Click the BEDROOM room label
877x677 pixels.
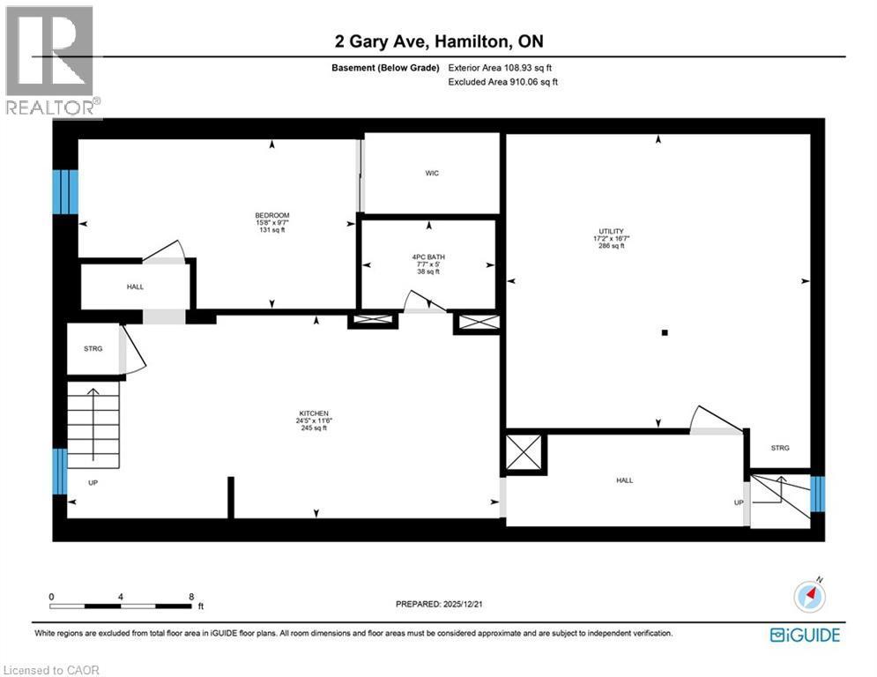click(272, 216)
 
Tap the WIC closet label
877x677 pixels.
click(431, 173)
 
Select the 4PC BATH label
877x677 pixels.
click(427, 257)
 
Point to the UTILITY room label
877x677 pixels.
click(610, 231)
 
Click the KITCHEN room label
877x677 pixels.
click(314, 413)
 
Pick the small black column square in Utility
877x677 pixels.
click(665, 333)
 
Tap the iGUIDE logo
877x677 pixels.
click(805, 635)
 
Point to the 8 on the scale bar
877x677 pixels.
click(191, 597)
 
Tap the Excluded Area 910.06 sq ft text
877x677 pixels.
click(502, 82)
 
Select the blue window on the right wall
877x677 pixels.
click(818, 494)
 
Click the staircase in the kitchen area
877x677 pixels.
click(93, 428)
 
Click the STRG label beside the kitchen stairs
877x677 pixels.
click(93, 349)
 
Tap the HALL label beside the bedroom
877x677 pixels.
click(135, 286)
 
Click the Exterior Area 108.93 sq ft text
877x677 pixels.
click(500, 68)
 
